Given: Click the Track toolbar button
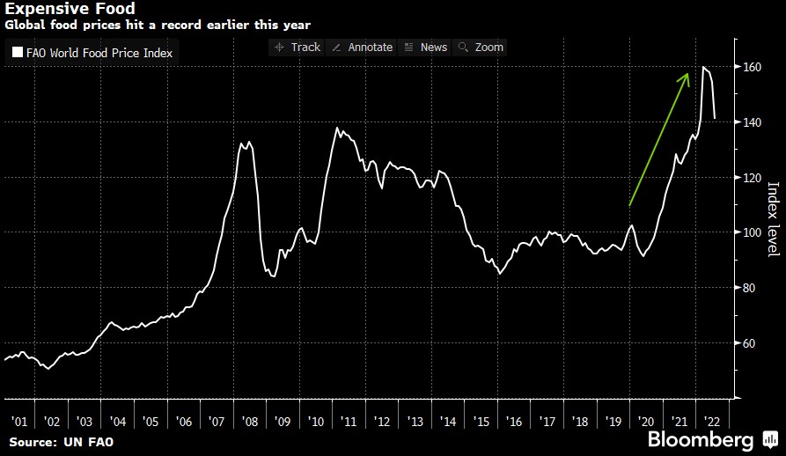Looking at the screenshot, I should tap(298, 47).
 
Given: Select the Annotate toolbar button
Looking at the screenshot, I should tap(362, 47).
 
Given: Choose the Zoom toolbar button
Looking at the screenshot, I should tap(481, 47).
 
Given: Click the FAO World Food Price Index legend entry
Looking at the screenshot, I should tap(92, 53).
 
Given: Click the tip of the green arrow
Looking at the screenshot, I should tap(687, 75).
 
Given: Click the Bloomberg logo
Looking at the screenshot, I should tap(701, 438).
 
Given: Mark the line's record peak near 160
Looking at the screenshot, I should tap(703, 67).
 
